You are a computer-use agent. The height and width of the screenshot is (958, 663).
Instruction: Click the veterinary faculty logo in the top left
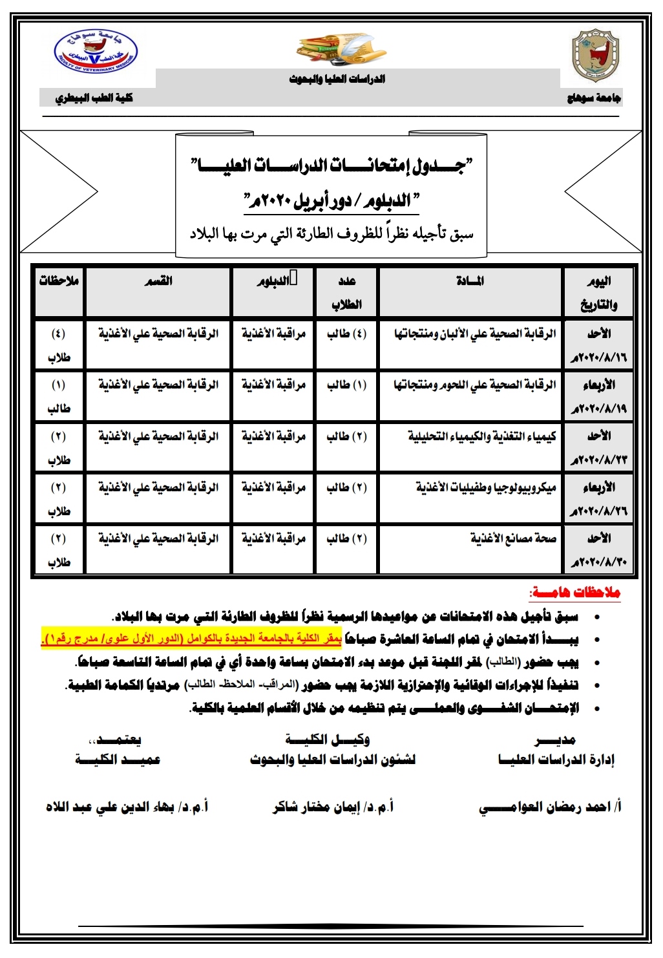[x=96, y=52]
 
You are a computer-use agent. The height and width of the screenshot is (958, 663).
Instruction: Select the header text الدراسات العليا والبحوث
[x=337, y=79]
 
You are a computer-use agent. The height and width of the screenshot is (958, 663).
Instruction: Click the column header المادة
[x=470, y=281]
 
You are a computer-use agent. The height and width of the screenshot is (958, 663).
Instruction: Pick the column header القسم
[x=158, y=281]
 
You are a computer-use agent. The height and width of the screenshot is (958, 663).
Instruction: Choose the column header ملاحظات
[x=59, y=281]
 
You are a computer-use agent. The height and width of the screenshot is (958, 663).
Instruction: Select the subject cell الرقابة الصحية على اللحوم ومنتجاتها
[x=475, y=385]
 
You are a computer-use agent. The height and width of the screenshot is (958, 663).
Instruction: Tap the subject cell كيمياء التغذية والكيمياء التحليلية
[x=482, y=436]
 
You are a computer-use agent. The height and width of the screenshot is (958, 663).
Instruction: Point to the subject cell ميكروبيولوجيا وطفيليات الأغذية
[x=486, y=487]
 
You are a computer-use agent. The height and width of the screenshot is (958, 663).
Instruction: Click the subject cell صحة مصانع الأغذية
[x=513, y=538]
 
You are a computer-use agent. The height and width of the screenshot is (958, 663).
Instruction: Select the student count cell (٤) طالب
[x=347, y=334]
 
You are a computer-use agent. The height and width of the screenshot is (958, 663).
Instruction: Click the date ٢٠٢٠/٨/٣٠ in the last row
[x=598, y=562]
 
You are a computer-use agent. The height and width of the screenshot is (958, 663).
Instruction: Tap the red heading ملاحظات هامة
[x=574, y=592]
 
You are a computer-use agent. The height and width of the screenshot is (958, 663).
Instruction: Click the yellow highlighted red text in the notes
[x=191, y=639]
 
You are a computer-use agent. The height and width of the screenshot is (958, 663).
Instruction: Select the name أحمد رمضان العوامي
[x=550, y=807]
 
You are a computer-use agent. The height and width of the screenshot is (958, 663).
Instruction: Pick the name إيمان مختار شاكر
[x=333, y=807]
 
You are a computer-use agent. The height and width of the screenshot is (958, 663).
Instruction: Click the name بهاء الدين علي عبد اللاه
[x=127, y=807]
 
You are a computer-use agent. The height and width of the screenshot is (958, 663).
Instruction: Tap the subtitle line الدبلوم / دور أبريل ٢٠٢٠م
[x=331, y=200]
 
